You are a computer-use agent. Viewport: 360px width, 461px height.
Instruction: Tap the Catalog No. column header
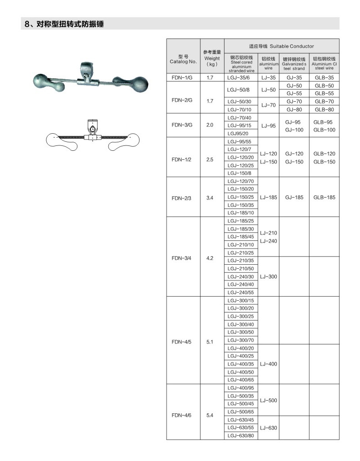coord(183,59)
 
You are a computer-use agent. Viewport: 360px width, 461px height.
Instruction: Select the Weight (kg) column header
coord(212,58)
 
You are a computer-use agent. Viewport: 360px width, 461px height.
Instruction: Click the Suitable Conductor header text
coord(281,46)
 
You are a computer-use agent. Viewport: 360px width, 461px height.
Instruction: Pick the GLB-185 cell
coord(324,197)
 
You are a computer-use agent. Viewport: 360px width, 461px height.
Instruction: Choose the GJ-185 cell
coord(294,197)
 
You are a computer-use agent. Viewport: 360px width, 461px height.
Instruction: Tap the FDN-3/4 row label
coord(182,258)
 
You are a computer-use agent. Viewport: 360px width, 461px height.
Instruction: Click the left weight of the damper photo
coord(44,81)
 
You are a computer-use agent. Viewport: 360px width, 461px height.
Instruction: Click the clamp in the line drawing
coord(91,129)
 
